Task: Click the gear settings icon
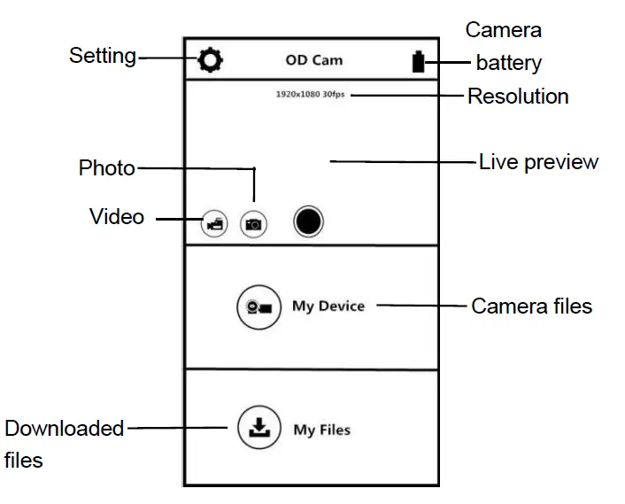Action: click(x=211, y=60)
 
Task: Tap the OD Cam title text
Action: click(x=314, y=60)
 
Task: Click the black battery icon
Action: click(x=418, y=61)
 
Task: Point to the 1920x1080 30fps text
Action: click(x=310, y=94)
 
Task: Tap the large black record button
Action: click(x=308, y=221)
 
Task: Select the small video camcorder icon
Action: click(x=213, y=225)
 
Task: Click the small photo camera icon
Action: click(x=253, y=225)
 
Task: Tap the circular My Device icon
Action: click(x=258, y=306)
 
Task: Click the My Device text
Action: click(x=328, y=306)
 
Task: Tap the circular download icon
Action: click(x=258, y=430)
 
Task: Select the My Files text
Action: click(x=322, y=430)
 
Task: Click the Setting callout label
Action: click(x=103, y=57)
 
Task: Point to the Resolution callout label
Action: click(x=518, y=96)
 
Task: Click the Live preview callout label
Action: click(x=538, y=162)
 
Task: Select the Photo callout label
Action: click(x=107, y=167)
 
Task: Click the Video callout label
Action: click(x=117, y=216)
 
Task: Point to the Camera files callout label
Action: click(x=531, y=306)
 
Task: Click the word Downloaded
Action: click(x=65, y=429)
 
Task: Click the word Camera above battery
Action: click(x=504, y=30)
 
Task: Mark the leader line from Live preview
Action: click(x=403, y=161)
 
